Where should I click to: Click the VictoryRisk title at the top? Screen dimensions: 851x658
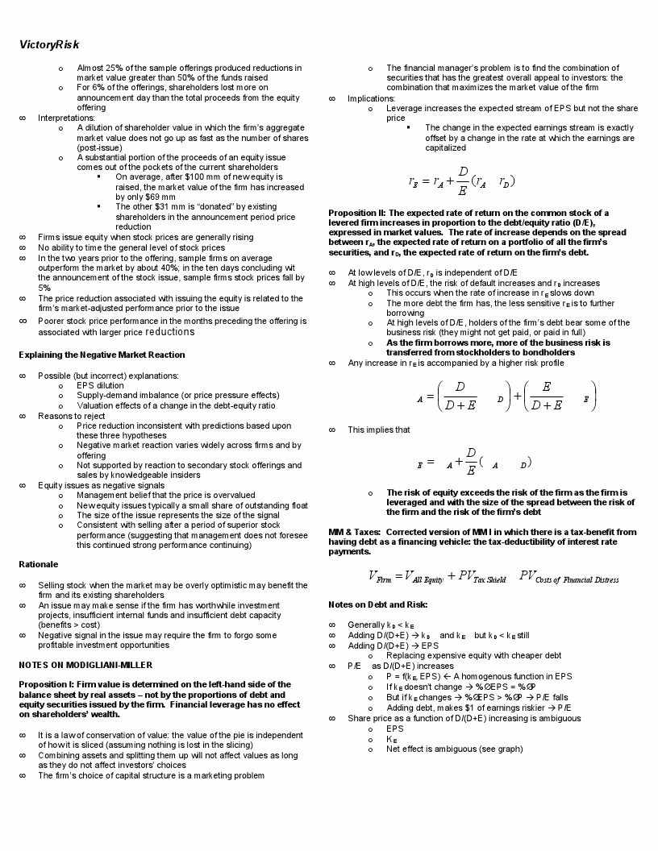tap(49, 44)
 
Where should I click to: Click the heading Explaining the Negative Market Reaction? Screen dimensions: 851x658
tap(102, 355)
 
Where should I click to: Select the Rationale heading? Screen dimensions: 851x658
tap(38, 564)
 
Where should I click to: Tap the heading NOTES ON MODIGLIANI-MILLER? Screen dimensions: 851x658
tap(85, 665)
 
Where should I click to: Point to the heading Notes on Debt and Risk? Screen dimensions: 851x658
tap(377, 604)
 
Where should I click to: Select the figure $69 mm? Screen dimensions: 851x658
tap(160, 197)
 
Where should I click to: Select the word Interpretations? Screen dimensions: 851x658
tap(66, 118)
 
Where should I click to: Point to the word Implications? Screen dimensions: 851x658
tap(371, 98)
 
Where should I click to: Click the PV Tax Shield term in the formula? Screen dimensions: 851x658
tap(481, 576)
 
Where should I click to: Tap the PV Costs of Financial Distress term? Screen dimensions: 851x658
tap(569, 576)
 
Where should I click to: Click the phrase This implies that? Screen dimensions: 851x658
tap(378, 430)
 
